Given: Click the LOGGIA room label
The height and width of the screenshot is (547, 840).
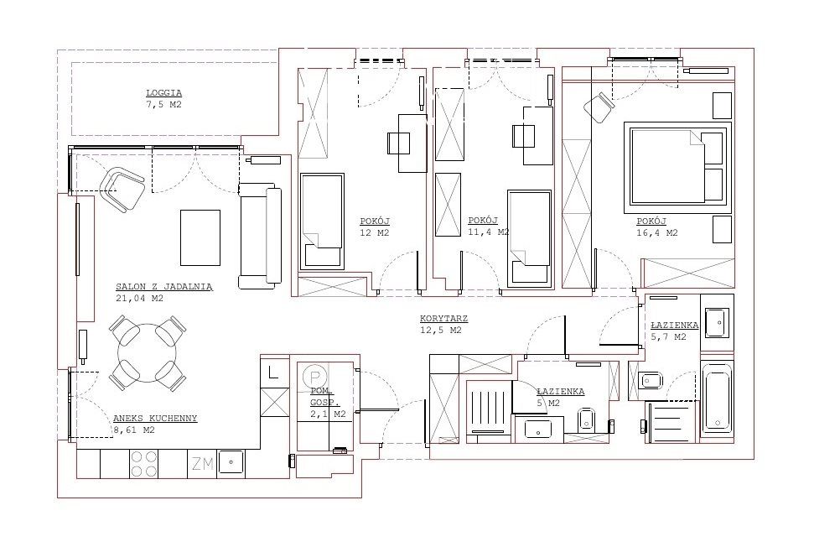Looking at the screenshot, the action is click(x=164, y=93).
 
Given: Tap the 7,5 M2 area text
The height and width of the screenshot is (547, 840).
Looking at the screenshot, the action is click(x=164, y=105).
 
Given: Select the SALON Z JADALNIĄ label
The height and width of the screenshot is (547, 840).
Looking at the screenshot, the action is click(x=164, y=287).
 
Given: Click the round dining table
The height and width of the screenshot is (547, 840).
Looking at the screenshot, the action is click(x=148, y=352).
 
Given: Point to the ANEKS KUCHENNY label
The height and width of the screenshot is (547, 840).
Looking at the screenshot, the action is click(x=155, y=419).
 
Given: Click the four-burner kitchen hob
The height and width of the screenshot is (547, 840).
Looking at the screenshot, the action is click(x=144, y=464).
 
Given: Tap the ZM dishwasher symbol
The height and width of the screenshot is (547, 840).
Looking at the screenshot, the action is click(x=203, y=464).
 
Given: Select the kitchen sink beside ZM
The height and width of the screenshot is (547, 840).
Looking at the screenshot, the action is click(x=231, y=463).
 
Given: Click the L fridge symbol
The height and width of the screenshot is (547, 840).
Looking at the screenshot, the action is click(x=273, y=372).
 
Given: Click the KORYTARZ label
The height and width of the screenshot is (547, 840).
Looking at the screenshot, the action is click(x=443, y=319).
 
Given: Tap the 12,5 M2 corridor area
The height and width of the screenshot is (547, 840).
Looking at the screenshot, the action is click(x=440, y=331).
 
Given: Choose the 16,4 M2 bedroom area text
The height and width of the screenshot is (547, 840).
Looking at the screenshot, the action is click(x=656, y=232).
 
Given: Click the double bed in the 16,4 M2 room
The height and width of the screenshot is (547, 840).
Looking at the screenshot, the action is click(x=677, y=167).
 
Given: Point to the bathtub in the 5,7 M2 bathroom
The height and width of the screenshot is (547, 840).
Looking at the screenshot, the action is click(x=716, y=397).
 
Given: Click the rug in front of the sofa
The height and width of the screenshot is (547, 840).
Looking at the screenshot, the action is click(x=200, y=237).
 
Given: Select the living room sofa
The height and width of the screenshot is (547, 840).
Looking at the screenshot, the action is click(x=260, y=236).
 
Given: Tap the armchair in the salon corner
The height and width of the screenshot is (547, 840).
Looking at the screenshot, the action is click(x=122, y=190).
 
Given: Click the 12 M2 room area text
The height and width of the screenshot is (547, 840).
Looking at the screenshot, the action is click(x=375, y=232).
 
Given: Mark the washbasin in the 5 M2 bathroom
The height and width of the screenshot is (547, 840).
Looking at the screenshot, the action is click(x=537, y=429).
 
